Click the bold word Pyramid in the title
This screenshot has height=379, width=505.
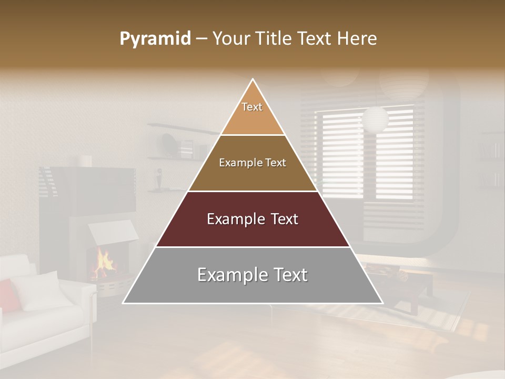coord(155,39)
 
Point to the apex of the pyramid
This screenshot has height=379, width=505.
coord(253,80)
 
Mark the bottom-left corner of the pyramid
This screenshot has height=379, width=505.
coord(123,303)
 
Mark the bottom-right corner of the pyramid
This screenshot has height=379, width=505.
coord(382,303)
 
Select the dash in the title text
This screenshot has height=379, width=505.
coord(201,39)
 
